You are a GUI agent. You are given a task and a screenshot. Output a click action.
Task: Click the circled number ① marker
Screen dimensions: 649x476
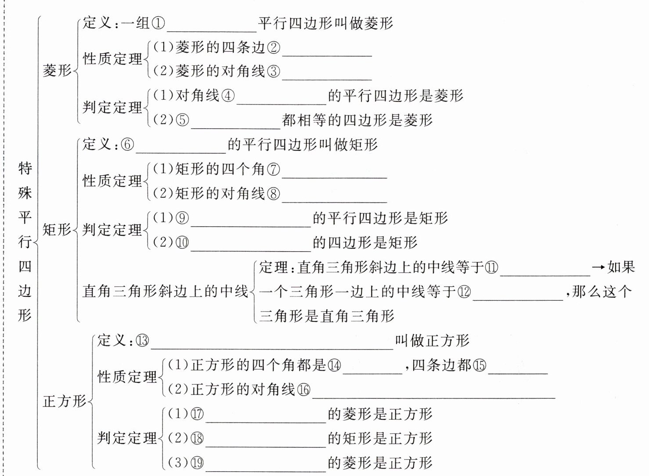[158, 23]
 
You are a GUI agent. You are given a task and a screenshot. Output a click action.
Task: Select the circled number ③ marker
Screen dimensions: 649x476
[273, 71]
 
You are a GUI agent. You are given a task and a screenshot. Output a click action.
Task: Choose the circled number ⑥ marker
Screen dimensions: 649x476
[127, 144]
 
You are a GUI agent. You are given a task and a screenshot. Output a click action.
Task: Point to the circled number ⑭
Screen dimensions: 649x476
[334, 365]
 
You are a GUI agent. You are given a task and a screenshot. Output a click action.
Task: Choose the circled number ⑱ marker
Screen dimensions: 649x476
[198, 438]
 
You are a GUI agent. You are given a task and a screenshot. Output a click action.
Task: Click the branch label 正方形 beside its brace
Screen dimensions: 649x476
[65, 401]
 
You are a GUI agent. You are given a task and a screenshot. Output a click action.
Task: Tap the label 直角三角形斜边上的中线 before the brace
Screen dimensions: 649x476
[165, 292]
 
